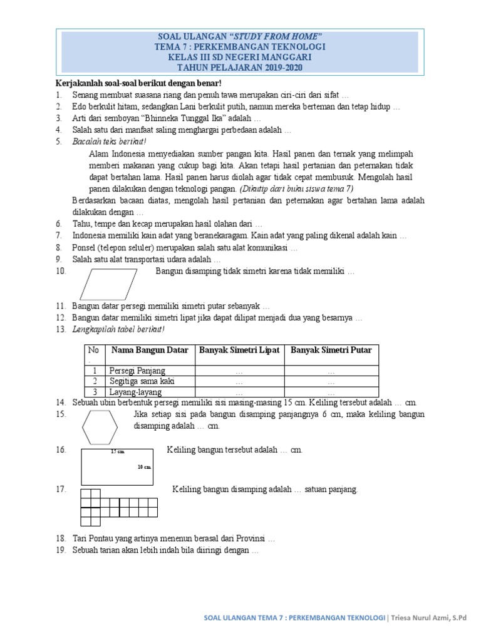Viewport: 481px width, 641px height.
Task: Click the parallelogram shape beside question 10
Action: click(x=110, y=284)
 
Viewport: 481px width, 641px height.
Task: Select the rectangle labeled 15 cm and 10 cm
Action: click(x=117, y=464)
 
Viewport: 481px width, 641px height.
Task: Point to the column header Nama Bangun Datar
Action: click(x=150, y=350)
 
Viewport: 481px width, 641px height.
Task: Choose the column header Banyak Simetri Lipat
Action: click(x=239, y=350)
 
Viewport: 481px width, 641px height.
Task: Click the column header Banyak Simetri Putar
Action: click(x=331, y=350)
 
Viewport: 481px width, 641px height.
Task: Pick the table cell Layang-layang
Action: click(x=136, y=392)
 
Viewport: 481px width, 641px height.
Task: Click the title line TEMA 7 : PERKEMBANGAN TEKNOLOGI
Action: click(x=240, y=46)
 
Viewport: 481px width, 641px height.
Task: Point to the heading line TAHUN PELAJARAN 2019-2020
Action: click(x=240, y=68)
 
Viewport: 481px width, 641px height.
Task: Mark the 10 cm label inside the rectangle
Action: click(x=145, y=467)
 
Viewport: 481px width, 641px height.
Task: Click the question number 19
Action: click(x=60, y=550)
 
